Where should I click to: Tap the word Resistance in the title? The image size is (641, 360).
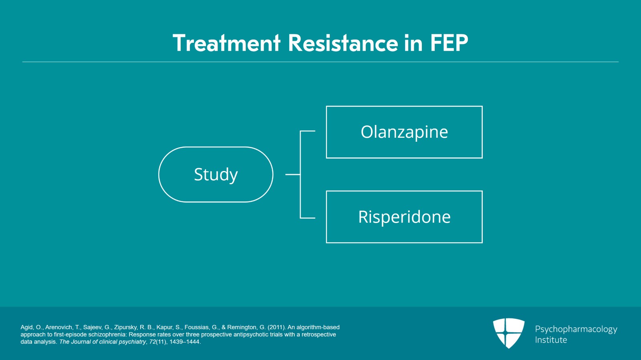click(x=343, y=43)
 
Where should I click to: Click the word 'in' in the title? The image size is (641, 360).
click(x=414, y=43)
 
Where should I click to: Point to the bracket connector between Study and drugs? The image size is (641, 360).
click(x=300, y=175)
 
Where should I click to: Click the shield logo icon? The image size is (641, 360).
click(x=508, y=333)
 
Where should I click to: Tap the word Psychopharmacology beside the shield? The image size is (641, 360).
click(x=576, y=330)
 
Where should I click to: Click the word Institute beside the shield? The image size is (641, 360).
click(x=551, y=340)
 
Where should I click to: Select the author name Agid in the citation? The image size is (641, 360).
click(x=26, y=328)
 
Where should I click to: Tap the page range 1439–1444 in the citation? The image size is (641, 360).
click(x=185, y=342)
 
